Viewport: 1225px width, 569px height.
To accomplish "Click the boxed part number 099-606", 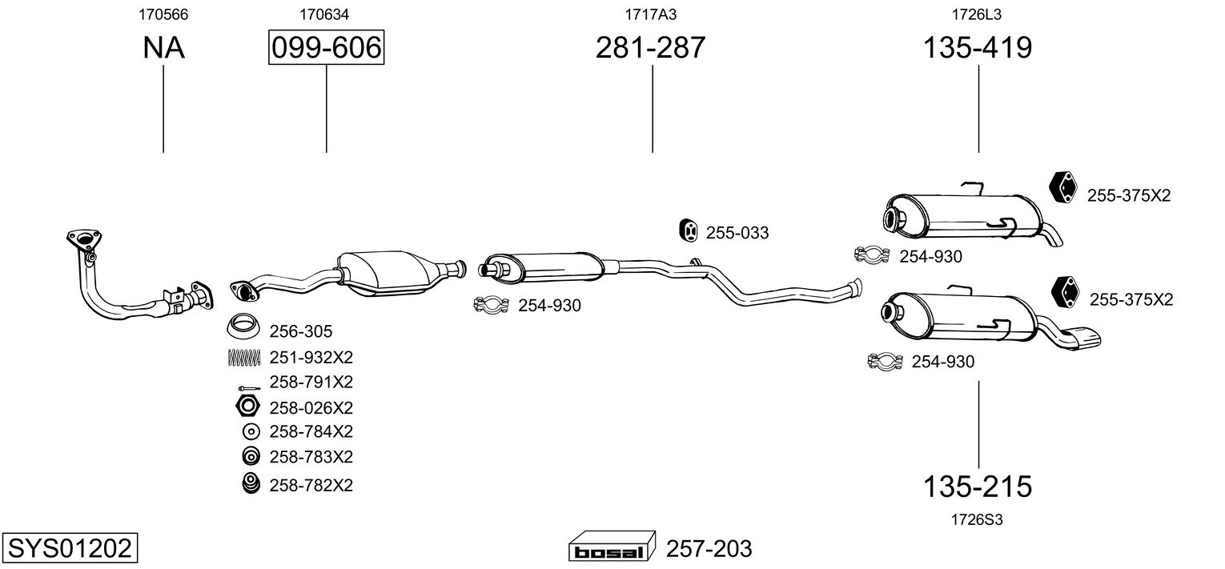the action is [326, 48].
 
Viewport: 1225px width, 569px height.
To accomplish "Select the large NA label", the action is [163, 48].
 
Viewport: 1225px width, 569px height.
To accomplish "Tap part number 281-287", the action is [650, 48].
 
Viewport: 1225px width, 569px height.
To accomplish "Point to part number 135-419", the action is [978, 48].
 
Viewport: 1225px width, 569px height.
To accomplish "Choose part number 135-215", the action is [978, 486].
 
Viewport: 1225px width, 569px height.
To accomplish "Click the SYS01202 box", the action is [69, 549].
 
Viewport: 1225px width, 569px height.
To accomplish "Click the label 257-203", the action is [709, 549].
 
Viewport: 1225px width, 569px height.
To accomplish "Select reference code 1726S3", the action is [977, 519].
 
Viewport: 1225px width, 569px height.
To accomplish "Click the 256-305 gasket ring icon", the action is [244, 330].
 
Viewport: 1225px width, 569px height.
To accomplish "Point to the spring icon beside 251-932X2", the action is [244, 356].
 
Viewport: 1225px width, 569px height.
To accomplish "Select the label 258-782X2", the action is [311, 485].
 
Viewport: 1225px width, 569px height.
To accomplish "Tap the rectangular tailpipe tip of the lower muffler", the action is [1081, 337].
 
